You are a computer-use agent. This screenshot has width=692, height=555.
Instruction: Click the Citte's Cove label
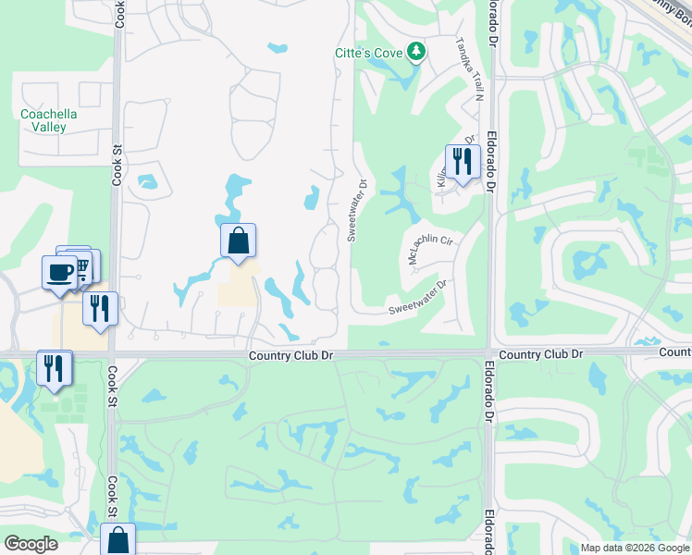(x=368, y=53)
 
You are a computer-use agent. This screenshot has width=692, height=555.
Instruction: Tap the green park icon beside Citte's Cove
(x=416, y=52)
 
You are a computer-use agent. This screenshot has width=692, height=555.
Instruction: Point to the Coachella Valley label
(x=48, y=120)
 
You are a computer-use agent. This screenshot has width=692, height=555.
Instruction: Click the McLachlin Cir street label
(x=430, y=246)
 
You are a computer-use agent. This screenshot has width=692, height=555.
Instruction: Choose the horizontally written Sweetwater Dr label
(x=417, y=297)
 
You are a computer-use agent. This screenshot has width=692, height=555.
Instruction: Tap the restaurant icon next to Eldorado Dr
(x=460, y=161)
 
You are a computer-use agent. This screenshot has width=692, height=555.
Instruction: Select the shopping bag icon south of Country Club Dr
(x=117, y=540)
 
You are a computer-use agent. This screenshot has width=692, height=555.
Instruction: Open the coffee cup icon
(x=60, y=272)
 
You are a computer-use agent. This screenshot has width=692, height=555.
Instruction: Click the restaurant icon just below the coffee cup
(x=100, y=307)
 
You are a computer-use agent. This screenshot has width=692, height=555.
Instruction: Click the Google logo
(x=31, y=544)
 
